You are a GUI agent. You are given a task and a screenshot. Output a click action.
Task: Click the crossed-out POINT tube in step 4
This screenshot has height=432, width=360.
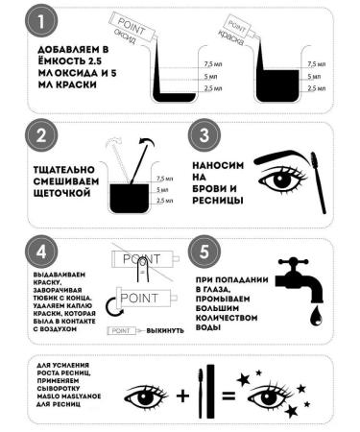pyautogui.click(x=145, y=259)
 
